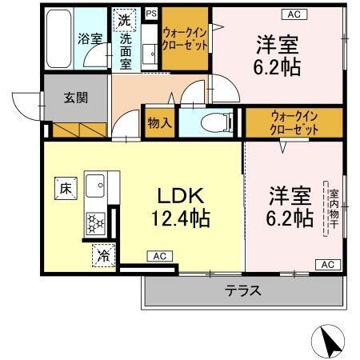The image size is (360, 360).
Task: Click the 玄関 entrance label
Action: [76, 98]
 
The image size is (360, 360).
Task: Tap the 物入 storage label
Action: [159, 123]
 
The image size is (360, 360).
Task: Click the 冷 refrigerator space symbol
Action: [103, 255]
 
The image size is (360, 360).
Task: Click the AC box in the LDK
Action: [158, 256]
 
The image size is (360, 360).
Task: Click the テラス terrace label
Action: [243, 290]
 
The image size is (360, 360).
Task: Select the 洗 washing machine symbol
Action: [125, 19]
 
